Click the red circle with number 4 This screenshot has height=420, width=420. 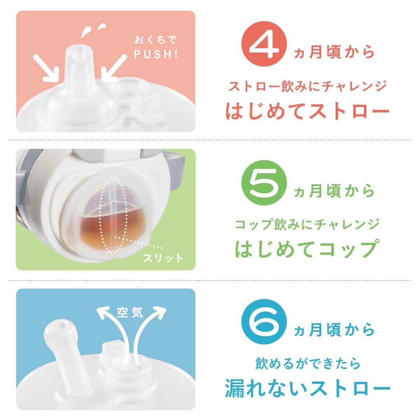point(264,44)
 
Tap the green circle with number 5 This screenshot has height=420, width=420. point(264,183)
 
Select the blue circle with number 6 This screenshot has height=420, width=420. point(264,322)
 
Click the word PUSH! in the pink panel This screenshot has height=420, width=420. point(156,54)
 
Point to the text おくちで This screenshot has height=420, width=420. point(156,40)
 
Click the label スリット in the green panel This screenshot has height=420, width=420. point(163,258)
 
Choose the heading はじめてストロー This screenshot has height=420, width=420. point(307,110)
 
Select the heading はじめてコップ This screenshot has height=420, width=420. point(307,248)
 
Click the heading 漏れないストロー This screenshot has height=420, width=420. point(307,388)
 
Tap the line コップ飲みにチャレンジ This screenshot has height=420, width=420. point(307,224)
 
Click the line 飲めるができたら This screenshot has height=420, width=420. point(308,364)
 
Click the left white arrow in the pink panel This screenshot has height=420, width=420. point(46,68)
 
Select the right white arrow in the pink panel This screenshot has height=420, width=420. point(114,68)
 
